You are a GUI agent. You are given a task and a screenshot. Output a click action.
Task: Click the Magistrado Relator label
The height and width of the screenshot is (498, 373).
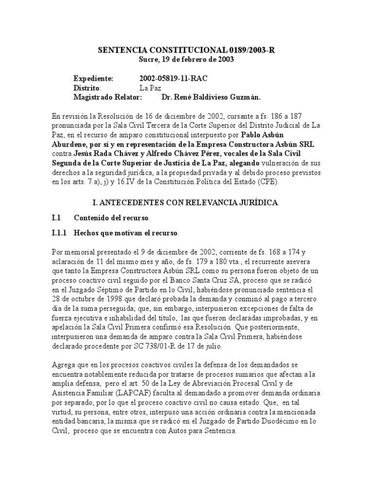point(107,97)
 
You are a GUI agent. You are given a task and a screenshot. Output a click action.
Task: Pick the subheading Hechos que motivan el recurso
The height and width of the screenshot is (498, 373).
point(126,233)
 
